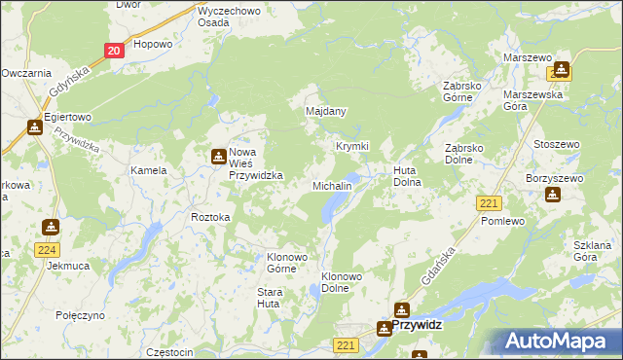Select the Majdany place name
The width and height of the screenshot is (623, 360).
[x=326, y=112]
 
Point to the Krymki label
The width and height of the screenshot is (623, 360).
[x=351, y=146]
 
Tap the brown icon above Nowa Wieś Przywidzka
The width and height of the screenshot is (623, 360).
[x=219, y=154]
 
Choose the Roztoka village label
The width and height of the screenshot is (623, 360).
[x=210, y=218]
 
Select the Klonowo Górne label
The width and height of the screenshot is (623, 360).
[x=287, y=264]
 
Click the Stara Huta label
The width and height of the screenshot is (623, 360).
[x=270, y=298]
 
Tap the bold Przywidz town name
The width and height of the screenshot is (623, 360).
[x=418, y=328]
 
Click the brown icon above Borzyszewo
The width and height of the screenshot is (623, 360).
[x=553, y=194]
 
